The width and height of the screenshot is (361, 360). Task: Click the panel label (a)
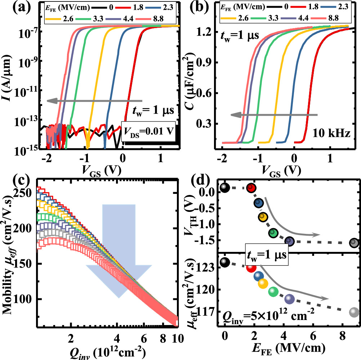pos(16,8)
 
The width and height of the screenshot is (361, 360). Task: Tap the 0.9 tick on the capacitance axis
pos(208,62)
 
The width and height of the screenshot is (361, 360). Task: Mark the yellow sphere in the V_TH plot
pos(263,217)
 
